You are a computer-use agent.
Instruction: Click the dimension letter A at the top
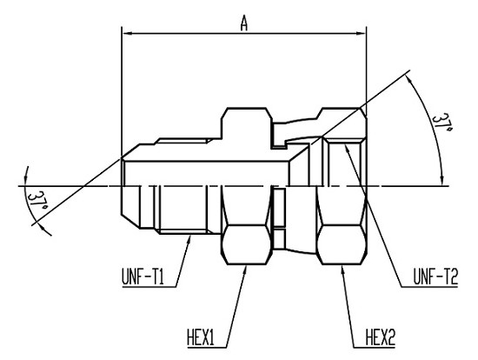[x=244, y=23]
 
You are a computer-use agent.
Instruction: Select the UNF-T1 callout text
[x=143, y=277]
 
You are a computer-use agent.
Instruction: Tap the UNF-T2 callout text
[x=435, y=277]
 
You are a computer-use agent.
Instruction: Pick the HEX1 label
[x=200, y=338]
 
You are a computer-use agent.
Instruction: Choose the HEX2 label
[x=380, y=338]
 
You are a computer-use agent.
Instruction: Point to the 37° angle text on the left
[x=37, y=199]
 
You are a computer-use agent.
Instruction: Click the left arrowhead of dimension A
[x=127, y=34]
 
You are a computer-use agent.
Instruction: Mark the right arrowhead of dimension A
[x=362, y=34]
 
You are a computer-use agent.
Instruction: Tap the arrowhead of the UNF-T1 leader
[x=189, y=239]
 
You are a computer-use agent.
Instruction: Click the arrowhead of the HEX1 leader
[x=245, y=270]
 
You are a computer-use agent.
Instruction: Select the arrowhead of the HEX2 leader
[x=342, y=270]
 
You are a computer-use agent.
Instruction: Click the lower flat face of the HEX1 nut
[x=247, y=244]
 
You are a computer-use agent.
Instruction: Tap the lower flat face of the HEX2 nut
[x=342, y=244]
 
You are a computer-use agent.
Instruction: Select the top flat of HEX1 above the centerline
[x=247, y=108]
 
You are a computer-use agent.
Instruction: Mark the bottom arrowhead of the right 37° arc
[x=442, y=181]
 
